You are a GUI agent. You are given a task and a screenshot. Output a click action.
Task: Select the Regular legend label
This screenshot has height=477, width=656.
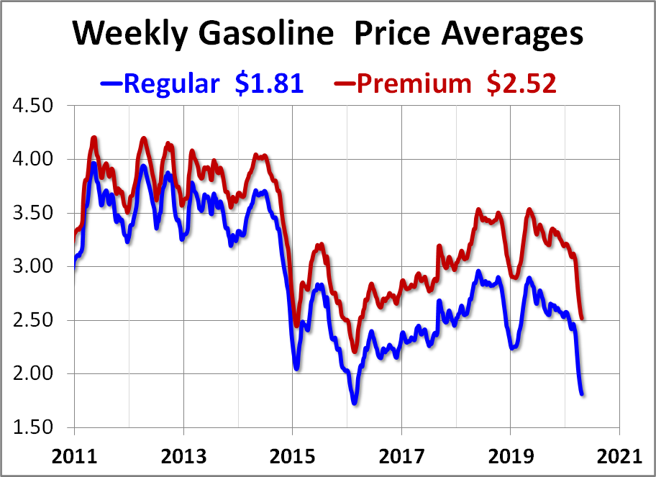pyautogui.click(x=171, y=83)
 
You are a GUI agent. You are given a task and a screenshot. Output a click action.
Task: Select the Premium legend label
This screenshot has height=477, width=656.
pyautogui.click(x=414, y=83)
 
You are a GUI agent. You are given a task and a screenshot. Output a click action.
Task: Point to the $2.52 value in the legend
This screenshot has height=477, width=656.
pyautogui.click(x=521, y=83)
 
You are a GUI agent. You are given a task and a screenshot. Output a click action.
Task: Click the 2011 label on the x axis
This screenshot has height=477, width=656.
pyautogui.click(x=75, y=456)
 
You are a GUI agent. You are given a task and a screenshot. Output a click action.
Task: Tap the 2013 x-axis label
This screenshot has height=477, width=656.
pyautogui.click(x=183, y=456)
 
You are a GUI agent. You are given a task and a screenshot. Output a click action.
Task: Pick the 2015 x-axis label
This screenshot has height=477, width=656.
pyautogui.click(x=293, y=456)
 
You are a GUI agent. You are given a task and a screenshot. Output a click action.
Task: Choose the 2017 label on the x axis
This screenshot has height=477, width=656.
pyautogui.click(x=401, y=456)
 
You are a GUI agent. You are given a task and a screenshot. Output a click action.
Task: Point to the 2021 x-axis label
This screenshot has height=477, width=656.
pyautogui.click(x=619, y=456)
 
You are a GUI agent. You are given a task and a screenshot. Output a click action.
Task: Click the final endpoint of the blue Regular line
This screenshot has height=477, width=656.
pyautogui.click(x=582, y=394)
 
